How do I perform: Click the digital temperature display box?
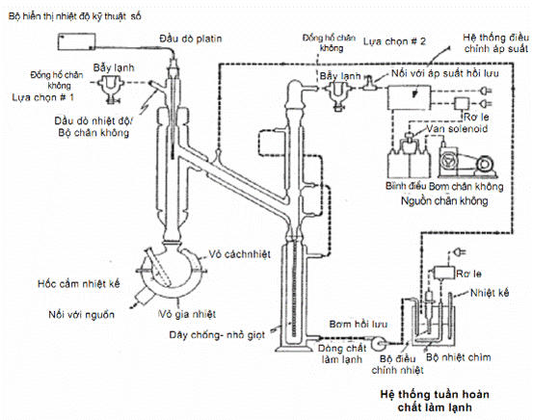[76, 41]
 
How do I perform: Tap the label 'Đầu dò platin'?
[191, 39]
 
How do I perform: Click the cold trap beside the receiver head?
[336, 94]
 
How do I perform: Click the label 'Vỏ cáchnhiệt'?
[240, 254]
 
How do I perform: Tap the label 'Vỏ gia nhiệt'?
[187, 314]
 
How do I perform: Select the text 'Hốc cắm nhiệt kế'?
[79, 284]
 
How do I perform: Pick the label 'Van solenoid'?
[457, 129]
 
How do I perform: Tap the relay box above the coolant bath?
[444, 273]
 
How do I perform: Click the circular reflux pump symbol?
[379, 344]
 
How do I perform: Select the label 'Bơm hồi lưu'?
[359, 325]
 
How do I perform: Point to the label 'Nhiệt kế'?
[490, 293]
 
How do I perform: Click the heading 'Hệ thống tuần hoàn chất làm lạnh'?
[435, 401]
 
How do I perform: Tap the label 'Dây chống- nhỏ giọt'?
[217, 335]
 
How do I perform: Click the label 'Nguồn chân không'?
[444, 200]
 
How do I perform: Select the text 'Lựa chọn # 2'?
[394, 41]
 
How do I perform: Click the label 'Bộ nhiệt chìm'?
[459, 357]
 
